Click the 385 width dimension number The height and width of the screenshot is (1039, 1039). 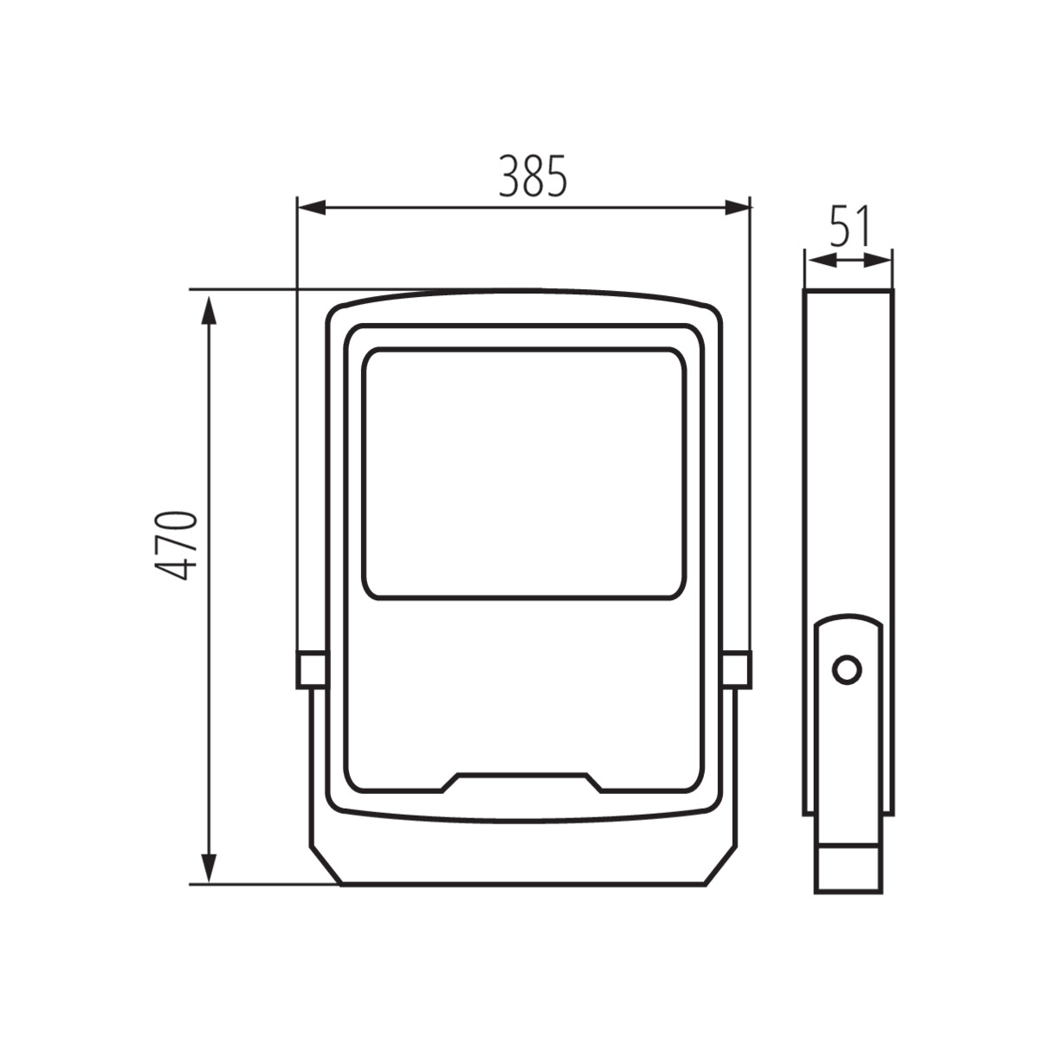pyautogui.click(x=532, y=177)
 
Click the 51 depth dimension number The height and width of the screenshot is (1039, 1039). pyautogui.click(x=849, y=228)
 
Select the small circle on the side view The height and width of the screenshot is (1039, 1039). pyautogui.click(x=847, y=669)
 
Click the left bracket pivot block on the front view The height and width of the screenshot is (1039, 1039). pyautogui.click(x=311, y=669)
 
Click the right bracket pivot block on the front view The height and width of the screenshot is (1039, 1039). pyautogui.click(x=737, y=669)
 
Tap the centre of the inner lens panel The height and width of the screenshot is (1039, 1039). pyautogui.click(x=525, y=473)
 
